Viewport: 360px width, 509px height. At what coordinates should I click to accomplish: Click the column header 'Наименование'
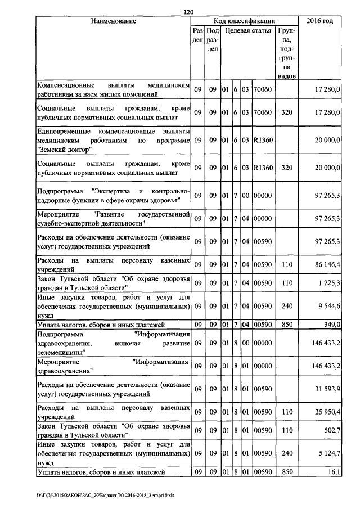tap(114, 21)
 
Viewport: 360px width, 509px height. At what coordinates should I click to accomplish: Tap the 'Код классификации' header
tap(244, 21)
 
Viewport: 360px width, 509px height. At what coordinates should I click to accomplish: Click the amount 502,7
tap(330, 430)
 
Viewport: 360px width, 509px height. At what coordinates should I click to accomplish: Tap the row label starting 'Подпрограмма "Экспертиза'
tap(113, 195)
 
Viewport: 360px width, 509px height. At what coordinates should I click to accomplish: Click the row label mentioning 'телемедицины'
tap(113, 343)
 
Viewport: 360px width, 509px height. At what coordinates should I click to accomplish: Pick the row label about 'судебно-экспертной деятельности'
tap(113, 219)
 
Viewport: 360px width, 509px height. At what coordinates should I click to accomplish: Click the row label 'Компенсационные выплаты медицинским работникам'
tap(113, 89)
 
